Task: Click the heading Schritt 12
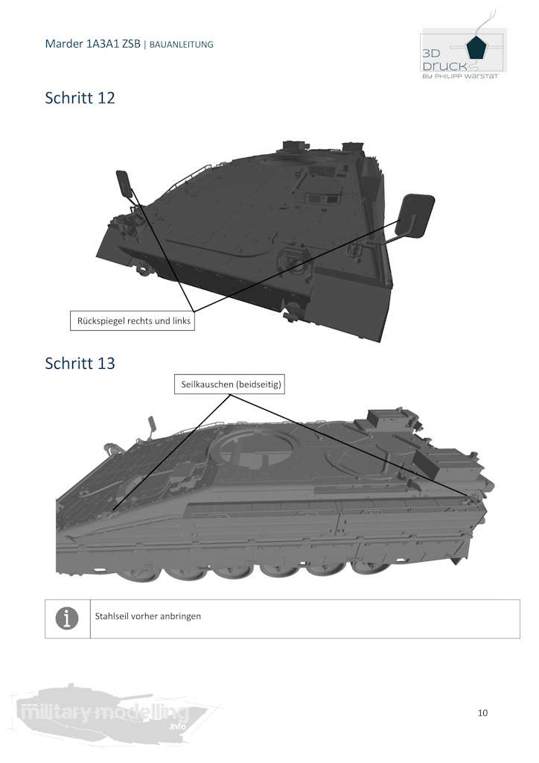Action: pos(80,98)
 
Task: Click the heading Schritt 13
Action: pos(80,364)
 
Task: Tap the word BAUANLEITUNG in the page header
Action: pos(182,44)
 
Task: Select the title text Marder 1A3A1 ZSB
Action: pos(92,44)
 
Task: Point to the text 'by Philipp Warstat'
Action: pos(460,77)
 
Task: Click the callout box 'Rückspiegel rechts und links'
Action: pos(133,320)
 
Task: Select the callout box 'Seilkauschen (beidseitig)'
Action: pos(230,384)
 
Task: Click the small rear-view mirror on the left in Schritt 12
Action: pos(124,184)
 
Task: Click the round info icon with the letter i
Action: pos(66,618)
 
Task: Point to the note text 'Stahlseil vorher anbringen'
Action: pos(147,616)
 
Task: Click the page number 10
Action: pos(482,712)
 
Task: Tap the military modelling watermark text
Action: pos(103,712)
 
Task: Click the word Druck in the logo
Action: pos(444,66)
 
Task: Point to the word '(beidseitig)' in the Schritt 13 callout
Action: pos(258,384)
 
